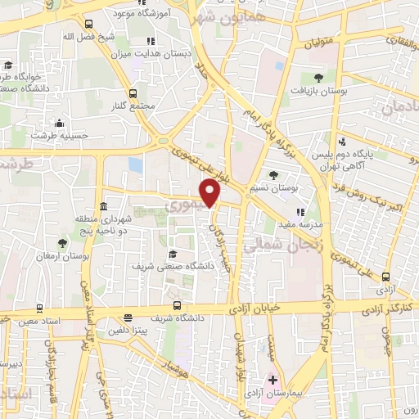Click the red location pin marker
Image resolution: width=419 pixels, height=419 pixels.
[x=211, y=193]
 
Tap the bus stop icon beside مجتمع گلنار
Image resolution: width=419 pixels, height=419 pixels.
[x=133, y=93]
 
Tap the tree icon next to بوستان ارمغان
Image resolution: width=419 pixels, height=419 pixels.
[x=63, y=243]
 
